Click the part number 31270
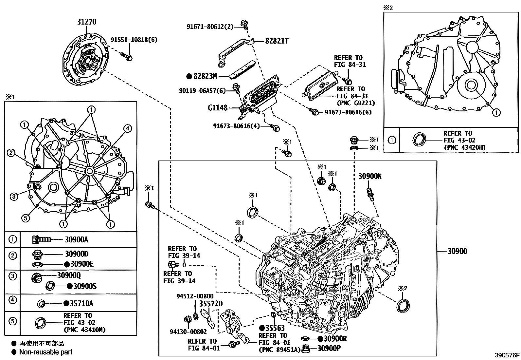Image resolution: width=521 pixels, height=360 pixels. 87,22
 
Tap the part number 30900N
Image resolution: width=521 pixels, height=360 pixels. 370,176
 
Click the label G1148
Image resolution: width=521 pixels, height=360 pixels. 217,107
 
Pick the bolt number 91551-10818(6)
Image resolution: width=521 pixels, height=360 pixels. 134,40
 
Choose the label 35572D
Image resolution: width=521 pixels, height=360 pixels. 211,304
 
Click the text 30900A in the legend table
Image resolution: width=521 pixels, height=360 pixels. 76,239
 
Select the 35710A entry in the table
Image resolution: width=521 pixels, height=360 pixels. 81,304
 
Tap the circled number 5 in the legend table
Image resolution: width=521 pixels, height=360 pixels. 12,321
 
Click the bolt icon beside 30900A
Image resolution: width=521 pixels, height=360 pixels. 42,239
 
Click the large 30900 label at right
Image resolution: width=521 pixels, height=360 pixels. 457,251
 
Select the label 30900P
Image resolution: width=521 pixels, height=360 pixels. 329,348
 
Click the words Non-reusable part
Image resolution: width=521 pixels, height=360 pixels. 45,352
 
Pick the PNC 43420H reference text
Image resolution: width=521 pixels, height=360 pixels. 464,147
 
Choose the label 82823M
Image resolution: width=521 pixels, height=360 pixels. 205,76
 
